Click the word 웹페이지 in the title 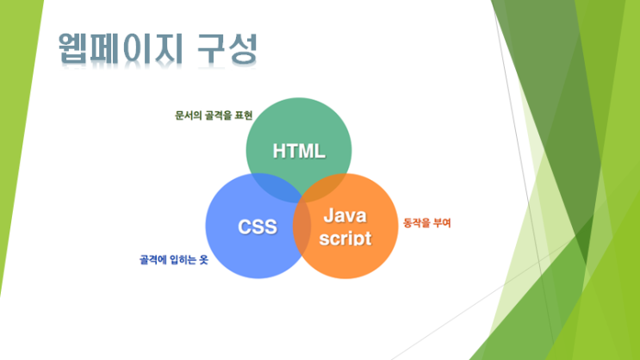tap(120, 48)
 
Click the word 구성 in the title tap(227, 48)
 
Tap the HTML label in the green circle tap(299, 151)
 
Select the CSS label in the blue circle tap(258, 227)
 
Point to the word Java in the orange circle tap(345, 215)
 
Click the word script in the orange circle tap(345, 238)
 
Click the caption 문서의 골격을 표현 tap(214, 115)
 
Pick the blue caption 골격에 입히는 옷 tap(174, 259)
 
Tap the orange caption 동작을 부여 tap(427, 223)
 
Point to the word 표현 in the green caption tap(244, 115)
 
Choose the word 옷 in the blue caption tap(203, 259)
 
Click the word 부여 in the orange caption tap(442, 223)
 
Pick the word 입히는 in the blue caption tap(183, 259)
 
